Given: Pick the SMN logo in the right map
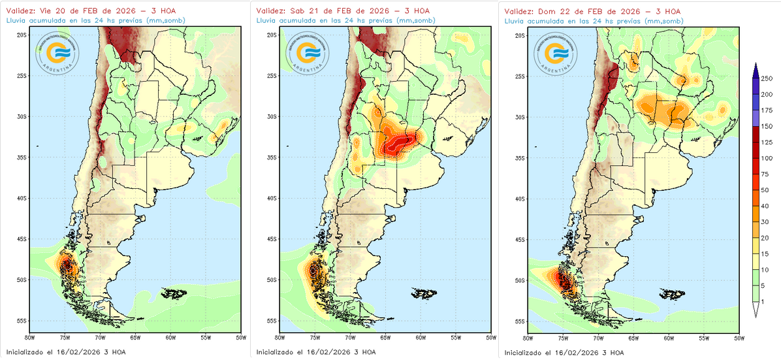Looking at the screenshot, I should coord(555,52).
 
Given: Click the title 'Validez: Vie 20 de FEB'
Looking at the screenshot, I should coord(74,11).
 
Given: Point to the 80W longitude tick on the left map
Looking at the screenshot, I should coord(28,338).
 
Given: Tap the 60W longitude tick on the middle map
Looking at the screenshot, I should coord(420,338).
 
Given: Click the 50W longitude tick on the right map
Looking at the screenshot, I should coord(738,338).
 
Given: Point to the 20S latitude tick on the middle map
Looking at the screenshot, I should coord(270,35).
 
